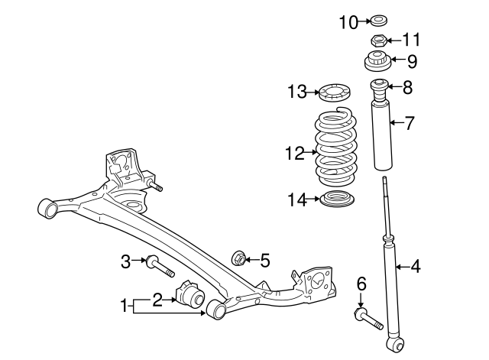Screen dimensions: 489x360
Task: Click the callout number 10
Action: click(x=348, y=22)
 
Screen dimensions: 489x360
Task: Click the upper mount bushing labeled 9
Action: click(x=377, y=61)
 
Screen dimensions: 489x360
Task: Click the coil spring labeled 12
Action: click(x=336, y=148)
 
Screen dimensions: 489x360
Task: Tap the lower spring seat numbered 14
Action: click(x=337, y=199)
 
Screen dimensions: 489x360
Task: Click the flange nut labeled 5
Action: click(x=239, y=258)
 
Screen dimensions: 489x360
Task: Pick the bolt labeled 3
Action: click(x=160, y=266)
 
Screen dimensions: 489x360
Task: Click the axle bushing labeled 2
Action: click(x=190, y=294)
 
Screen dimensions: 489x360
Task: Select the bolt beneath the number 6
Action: click(x=368, y=318)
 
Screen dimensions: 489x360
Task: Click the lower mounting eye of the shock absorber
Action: click(x=396, y=345)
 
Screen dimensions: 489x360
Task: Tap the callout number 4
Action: click(x=415, y=267)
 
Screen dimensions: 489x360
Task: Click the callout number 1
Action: click(x=124, y=306)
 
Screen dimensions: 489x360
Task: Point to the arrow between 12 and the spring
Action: click(x=310, y=152)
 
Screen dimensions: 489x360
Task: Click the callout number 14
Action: click(x=297, y=199)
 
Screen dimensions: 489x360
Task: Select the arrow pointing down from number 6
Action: click(x=361, y=300)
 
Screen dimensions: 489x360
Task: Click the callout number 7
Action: click(x=410, y=123)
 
